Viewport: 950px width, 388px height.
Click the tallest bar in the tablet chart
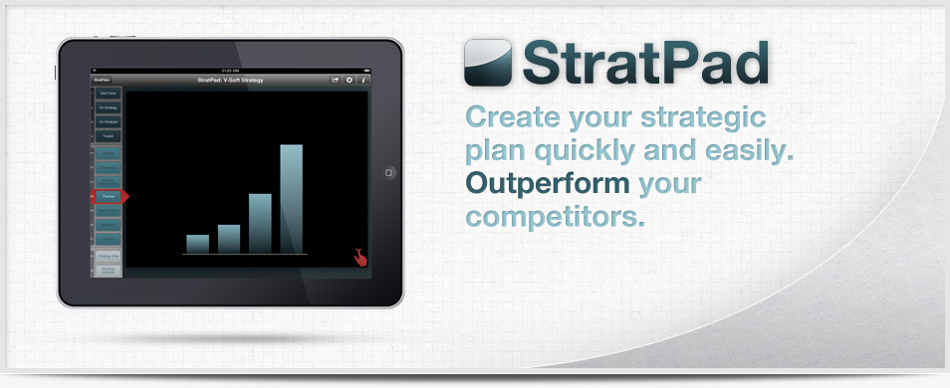[291, 199]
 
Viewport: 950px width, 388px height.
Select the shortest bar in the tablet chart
[197, 244]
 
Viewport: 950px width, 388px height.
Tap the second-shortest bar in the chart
[229, 238]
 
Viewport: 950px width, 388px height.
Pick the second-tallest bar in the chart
[260, 223]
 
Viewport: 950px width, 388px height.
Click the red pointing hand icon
[358, 257]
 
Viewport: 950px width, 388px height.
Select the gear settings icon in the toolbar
[350, 80]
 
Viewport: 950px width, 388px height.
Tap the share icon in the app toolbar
[336, 80]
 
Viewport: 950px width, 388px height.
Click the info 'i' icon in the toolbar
[364, 80]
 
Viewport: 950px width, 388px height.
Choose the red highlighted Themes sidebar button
[108, 196]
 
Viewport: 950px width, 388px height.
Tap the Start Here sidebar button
[108, 94]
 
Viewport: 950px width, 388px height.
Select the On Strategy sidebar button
[108, 107]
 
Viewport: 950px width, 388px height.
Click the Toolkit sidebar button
[108, 135]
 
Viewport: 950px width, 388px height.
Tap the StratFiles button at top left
[102, 80]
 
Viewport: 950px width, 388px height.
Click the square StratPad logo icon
[488, 62]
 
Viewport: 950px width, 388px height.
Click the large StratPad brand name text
[646, 63]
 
